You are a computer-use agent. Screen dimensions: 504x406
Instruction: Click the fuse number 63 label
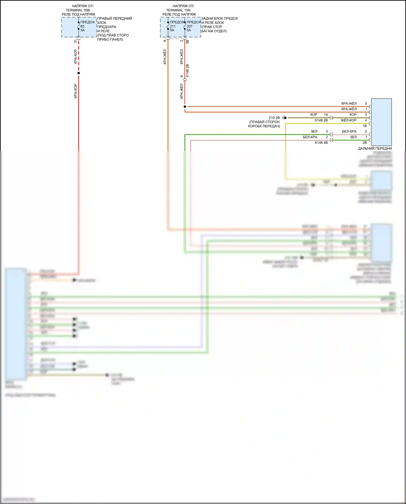(82, 26)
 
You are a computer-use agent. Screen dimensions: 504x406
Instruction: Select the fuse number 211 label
(173, 26)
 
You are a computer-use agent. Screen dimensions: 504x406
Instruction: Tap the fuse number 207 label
(189, 26)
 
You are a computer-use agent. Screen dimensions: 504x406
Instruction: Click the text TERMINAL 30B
(78, 10)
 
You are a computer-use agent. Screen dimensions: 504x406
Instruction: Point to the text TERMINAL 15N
(178, 10)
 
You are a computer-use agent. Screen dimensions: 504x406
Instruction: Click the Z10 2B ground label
(274, 118)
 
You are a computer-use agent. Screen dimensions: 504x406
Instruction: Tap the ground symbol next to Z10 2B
(284, 118)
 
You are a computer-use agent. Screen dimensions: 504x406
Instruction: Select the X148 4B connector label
(321, 143)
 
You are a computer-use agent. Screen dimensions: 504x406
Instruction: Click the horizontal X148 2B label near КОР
(321, 120)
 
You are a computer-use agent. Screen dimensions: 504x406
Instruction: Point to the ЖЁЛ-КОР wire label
(349, 120)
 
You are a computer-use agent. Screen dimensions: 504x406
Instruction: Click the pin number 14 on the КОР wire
(326, 115)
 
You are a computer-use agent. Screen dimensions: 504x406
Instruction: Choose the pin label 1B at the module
(365, 126)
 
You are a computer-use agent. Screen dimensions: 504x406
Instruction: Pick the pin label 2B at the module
(365, 143)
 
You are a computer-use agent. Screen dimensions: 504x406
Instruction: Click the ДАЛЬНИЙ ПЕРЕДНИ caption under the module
(375, 148)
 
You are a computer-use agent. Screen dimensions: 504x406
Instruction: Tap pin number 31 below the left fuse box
(76, 41)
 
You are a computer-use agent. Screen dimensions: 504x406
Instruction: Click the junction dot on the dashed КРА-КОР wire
(79, 73)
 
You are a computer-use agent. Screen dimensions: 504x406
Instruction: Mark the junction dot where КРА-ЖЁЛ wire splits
(185, 107)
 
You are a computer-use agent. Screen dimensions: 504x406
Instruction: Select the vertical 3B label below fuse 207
(187, 42)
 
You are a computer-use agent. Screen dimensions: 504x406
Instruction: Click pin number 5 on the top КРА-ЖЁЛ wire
(366, 103)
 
